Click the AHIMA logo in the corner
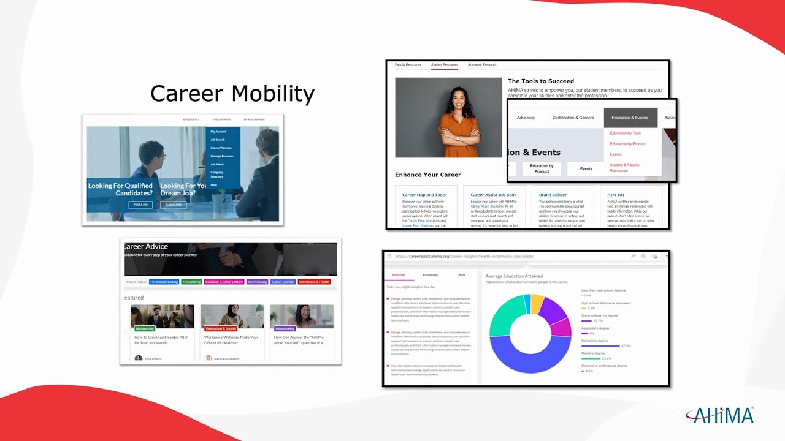719,415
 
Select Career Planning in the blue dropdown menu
221,148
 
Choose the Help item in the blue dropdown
214,185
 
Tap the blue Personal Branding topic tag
164,282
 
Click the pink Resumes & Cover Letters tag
224,282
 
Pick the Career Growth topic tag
283,282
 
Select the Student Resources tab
444,65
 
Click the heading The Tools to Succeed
541,81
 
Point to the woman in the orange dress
457,119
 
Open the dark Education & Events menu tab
630,118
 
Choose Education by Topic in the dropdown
626,133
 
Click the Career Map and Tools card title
424,195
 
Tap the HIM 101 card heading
616,195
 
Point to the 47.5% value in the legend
626,346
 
